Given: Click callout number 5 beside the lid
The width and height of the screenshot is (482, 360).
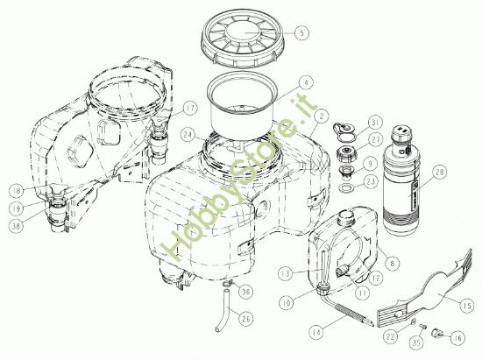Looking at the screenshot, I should [301, 32].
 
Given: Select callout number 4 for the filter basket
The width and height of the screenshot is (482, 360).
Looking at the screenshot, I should [304, 81].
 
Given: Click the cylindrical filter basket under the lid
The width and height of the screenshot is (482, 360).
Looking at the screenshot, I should [241, 104].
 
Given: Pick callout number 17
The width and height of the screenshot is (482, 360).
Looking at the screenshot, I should [191, 109].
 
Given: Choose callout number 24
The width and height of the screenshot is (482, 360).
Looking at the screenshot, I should [188, 136].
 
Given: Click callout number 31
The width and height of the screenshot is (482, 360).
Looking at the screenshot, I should [375, 123].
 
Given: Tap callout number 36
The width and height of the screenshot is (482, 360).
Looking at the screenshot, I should [246, 292].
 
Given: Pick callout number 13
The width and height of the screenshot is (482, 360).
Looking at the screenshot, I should [285, 273].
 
